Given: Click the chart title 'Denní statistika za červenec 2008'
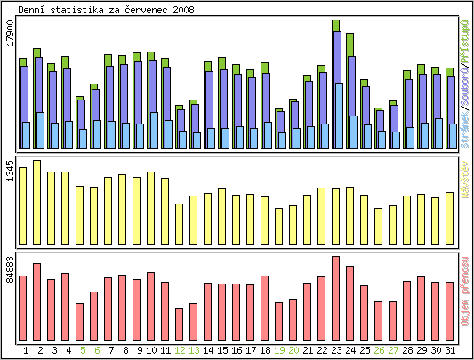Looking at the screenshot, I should coord(106,9).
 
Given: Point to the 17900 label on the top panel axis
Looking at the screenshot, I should coord(9,44).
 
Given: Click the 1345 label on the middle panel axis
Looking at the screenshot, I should coord(9,172).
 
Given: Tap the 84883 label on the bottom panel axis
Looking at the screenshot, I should coord(9,269).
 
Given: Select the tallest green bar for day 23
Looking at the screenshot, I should coord(336,26).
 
